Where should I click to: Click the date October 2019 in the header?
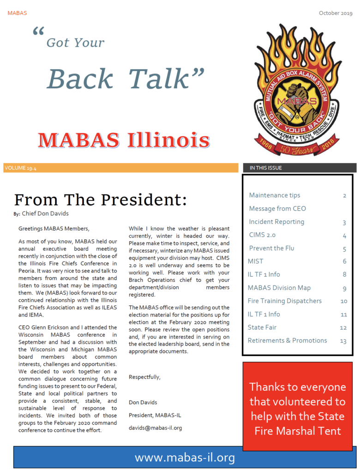click(x=336, y=13)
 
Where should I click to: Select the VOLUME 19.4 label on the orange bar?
click(x=20, y=168)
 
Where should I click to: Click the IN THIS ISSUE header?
click(x=266, y=168)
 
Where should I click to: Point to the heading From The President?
click(x=100, y=200)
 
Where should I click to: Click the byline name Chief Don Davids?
click(x=46, y=214)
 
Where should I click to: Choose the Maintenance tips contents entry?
click(x=274, y=195)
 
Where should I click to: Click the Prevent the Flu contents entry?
click(x=271, y=248)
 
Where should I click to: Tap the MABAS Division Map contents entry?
click(x=279, y=288)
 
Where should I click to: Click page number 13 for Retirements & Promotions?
click(x=343, y=341)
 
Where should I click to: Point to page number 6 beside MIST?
click(x=344, y=261)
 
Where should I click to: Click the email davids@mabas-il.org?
click(x=155, y=428)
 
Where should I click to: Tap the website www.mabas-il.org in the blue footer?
click(x=185, y=458)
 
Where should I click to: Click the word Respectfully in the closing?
click(x=144, y=377)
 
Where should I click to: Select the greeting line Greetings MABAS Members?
click(x=54, y=229)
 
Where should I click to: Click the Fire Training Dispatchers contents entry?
click(x=284, y=301)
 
